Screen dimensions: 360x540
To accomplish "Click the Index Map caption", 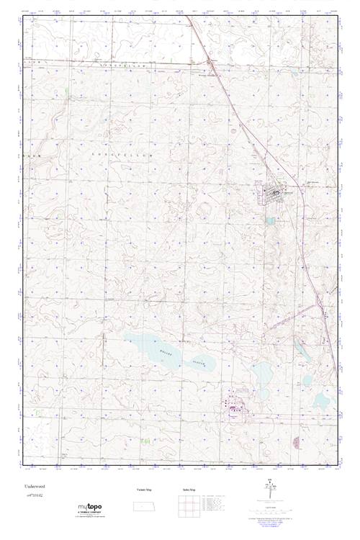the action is pos(189,490).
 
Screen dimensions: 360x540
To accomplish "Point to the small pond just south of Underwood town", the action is pos(271,220).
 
